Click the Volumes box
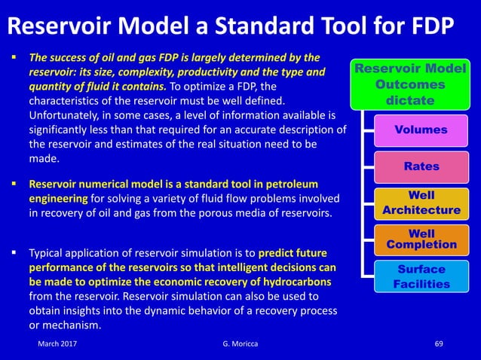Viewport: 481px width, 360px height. click(421, 130)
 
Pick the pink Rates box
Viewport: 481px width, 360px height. click(421, 166)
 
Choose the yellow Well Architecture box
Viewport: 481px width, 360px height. click(421, 203)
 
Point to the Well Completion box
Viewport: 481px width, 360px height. click(421, 239)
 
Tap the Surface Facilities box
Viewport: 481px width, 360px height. click(421, 276)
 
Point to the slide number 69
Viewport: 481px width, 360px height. click(440, 343)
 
